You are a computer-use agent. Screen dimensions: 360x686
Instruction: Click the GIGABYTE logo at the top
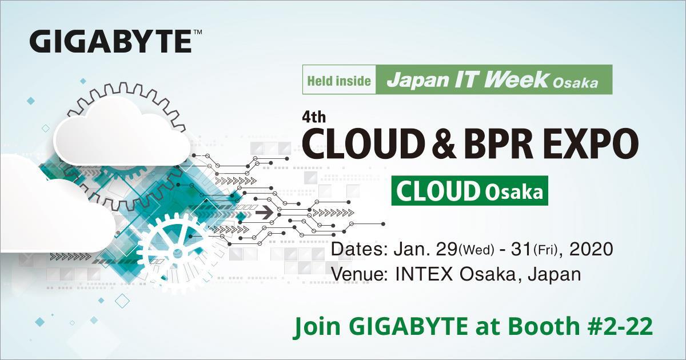pos(111,42)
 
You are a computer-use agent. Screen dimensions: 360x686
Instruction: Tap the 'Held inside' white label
pos(339,80)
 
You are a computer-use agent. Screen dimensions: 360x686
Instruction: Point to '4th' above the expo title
pos(313,118)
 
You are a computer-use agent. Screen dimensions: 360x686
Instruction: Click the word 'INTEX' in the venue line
pos(423,274)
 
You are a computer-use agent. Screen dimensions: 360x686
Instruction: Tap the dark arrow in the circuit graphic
pos(264,213)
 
